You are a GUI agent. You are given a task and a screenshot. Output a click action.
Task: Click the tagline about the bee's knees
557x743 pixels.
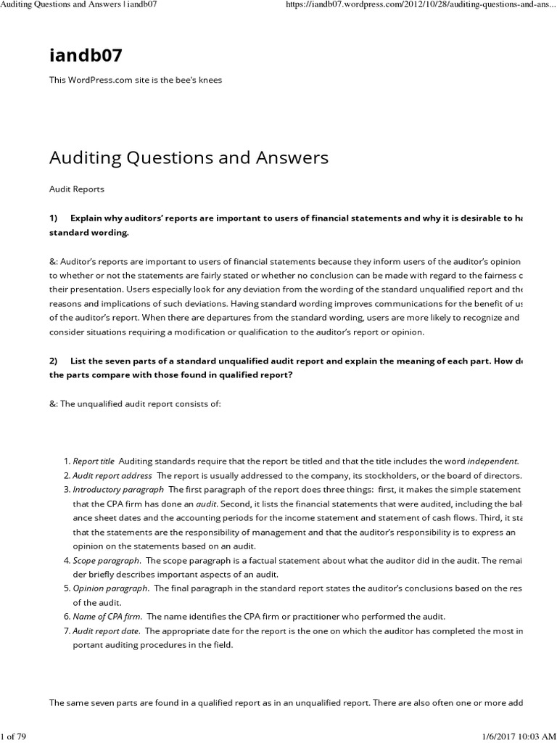(135, 80)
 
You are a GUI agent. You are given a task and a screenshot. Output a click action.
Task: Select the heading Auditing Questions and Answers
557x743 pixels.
(189, 157)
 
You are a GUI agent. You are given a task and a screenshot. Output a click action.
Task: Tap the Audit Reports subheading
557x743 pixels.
(76, 189)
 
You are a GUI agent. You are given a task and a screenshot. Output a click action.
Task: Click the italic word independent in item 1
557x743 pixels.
(492, 461)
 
